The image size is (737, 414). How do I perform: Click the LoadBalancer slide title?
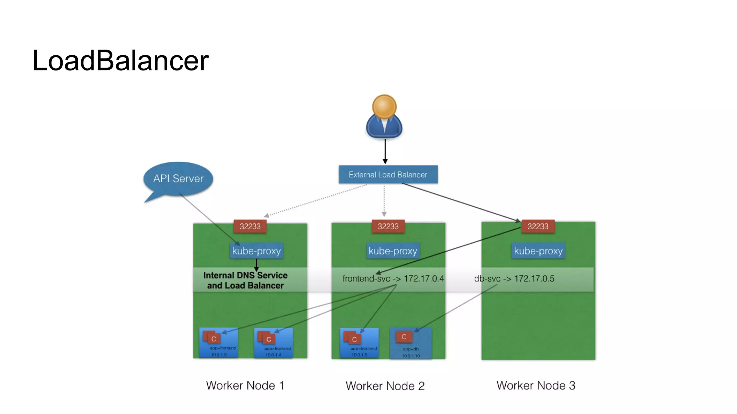pyautogui.click(x=120, y=60)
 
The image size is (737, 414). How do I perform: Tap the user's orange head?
pyautogui.click(x=384, y=106)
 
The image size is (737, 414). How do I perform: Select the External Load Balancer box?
pyautogui.click(x=388, y=175)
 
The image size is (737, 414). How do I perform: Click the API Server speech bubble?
pyautogui.click(x=178, y=179)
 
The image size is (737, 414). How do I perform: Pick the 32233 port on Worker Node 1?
pyautogui.click(x=250, y=226)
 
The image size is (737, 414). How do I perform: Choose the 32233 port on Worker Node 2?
pyautogui.click(x=388, y=226)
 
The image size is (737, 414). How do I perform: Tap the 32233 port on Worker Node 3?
pyautogui.click(x=538, y=226)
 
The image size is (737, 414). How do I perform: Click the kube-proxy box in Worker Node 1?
pyautogui.click(x=256, y=251)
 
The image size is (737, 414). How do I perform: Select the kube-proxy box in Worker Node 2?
pyautogui.click(x=393, y=251)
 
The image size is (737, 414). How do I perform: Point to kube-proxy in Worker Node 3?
pyautogui.click(x=538, y=251)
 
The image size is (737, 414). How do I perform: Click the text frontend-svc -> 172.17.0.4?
pyautogui.click(x=393, y=279)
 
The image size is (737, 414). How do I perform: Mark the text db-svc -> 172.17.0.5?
pyautogui.click(x=514, y=279)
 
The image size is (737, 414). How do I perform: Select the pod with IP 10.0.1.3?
pyautogui.click(x=219, y=343)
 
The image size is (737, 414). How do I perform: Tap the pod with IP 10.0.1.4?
pyautogui.click(x=273, y=343)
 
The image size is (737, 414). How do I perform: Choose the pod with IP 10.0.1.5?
pyautogui.click(x=360, y=343)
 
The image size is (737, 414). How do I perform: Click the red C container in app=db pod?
pyautogui.click(x=404, y=337)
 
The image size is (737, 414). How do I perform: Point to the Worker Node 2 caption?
pyautogui.click(x=385, y=386)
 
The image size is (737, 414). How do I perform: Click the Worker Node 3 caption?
pyautogui.click(x=536, y=386)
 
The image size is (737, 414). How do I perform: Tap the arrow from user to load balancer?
pyautogui.click(x=385, y=151)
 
